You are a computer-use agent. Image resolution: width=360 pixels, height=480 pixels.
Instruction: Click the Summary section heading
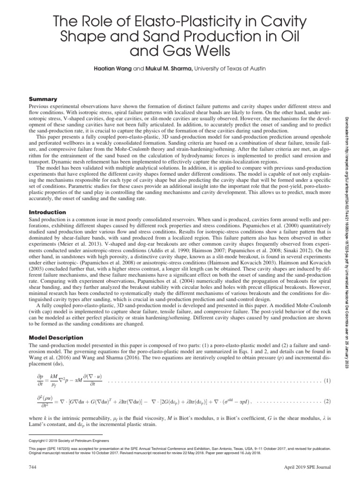43,99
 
